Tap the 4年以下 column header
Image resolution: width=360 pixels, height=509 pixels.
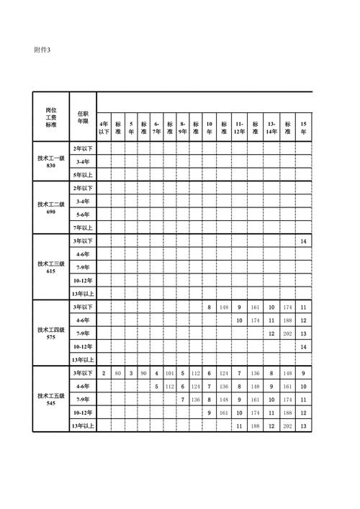[x=104, y=127]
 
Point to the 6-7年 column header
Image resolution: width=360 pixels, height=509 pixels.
[x=156, y=127]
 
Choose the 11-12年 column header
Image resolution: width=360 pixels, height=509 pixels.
[x=239, y=127]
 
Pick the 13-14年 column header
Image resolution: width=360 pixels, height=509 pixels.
[x=271, y=127]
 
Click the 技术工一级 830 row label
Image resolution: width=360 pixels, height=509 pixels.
[x=50, y=161]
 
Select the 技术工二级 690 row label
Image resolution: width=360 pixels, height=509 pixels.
[x=50, y=207]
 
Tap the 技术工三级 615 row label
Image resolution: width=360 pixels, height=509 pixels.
[x=50, y=267]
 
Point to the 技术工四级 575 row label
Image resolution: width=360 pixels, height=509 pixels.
[x=50, y=333]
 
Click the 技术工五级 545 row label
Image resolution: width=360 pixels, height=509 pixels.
[x=50, y=399]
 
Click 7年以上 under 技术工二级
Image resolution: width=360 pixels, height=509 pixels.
[x=83, y=228]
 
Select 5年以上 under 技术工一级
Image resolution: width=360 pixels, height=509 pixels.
[x=83, y=174]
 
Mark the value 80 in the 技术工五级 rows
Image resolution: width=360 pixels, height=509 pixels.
[x=117, y=373]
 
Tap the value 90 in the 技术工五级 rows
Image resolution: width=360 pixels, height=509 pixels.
[x=143, y=373]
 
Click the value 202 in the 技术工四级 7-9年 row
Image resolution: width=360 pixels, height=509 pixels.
[x=288, y=333]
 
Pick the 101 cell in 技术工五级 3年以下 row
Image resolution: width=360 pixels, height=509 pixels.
[x=169, y=373]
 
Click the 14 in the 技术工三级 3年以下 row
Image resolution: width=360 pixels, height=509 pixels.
[x=304, y=241]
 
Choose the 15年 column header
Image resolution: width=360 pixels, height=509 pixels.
[x=304, y=127]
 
